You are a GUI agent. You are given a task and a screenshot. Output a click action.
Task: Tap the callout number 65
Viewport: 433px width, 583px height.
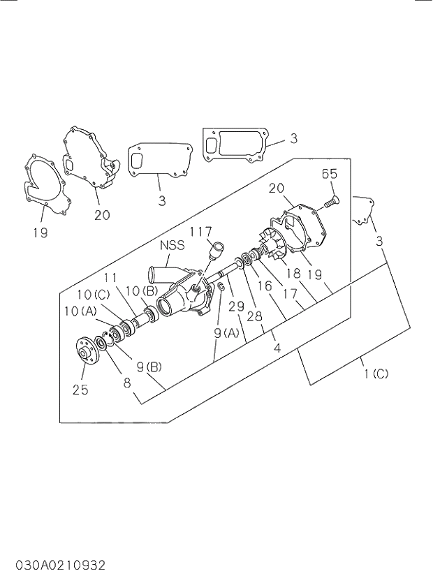point(330,175)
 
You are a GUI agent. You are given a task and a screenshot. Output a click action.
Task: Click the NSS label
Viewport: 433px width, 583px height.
point(172,245)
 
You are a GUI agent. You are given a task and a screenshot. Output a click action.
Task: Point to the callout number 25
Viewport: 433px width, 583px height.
point(80,390)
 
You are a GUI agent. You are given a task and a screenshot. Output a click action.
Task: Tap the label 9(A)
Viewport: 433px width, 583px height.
point(226,334)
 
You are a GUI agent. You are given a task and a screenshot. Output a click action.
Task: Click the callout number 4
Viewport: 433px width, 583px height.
point(277,346)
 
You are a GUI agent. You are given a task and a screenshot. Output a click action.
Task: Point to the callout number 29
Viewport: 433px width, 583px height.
point(235,304)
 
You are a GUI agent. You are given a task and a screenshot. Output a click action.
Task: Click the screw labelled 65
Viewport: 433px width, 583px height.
point(331,202)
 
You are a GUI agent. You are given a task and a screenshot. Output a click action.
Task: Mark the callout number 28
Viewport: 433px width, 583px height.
point(254,316)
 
